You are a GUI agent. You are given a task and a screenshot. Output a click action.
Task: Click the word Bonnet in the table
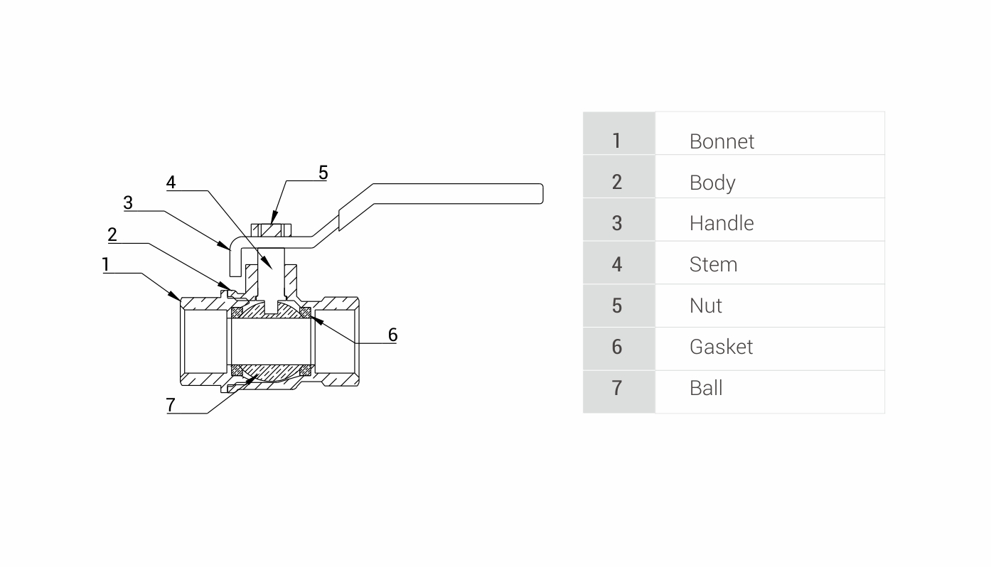coord(721,141)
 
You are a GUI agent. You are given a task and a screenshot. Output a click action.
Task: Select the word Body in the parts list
coord(712,183)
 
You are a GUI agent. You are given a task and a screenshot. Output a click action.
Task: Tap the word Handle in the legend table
coord(721,223)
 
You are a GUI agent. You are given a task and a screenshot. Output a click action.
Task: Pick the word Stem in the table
coord(713,264)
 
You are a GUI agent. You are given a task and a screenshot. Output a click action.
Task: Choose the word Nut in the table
coord(705,306)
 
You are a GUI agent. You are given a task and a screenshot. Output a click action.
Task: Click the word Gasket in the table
coord(721,347)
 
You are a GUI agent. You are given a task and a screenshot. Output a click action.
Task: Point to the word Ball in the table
coord(705,388)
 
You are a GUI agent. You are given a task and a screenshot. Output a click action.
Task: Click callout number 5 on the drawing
coord(323,172)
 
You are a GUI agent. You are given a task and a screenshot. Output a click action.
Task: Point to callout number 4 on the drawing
coord(171,182)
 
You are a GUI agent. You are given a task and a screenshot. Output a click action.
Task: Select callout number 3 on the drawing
coord(128,202)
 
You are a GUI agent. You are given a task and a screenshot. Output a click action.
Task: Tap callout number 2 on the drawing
coord(112,234)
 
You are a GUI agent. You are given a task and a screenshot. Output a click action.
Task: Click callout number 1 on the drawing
coord(106,265)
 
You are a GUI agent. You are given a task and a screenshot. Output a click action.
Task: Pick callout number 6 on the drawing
coord(392,334)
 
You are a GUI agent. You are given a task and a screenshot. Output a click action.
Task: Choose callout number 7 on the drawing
coord(171,404)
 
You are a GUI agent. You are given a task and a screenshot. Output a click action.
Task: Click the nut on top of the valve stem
coord(272,230)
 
